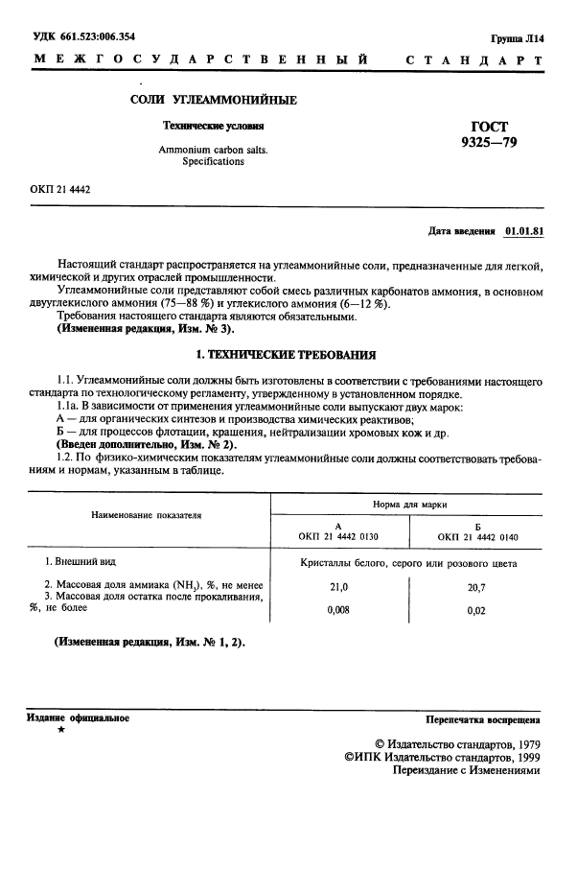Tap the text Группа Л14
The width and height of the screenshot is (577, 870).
pos(516,38)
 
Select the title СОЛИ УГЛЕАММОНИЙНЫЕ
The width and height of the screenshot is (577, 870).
pos(213,101)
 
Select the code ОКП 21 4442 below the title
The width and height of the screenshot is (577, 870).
pos(59,190)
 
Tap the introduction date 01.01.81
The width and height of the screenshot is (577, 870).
pos(523,231)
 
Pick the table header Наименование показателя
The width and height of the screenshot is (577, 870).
pos(147,515)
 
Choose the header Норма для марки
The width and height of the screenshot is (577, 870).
pos(408,504)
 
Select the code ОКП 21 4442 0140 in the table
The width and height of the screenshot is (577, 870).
pos(476,533)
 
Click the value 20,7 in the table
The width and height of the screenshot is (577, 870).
pos(476,585)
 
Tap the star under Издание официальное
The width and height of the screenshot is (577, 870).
pos(61,731)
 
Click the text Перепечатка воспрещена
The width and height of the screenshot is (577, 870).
pos(482,718)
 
